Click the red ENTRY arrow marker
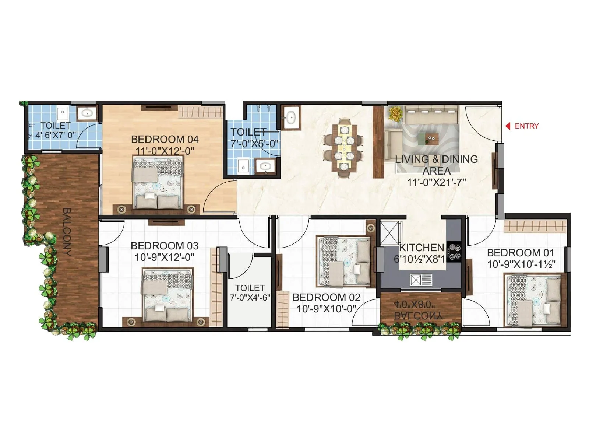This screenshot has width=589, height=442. pyautogui.click(x=508, y=126)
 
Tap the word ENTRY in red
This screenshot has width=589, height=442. pyautogui.click(x=526, y=126)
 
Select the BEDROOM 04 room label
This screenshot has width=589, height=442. pyautogui.click(x=165, y=140)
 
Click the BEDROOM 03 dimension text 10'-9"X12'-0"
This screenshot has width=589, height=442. pyautogui.click(x=165, y=257)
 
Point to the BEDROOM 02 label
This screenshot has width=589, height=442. pyautogui.click(x=326, y=297)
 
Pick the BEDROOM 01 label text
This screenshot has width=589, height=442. pyautogui.click(x=521, y=253)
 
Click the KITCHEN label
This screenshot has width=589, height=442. pyautogui.click(x=422, y=248)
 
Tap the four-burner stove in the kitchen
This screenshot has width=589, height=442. pyautogui.click(x=454, y=251)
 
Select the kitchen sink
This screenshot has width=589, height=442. pyautogui.click(x=421, y=280)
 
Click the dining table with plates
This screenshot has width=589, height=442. pyautogui.click(x=345, y=148)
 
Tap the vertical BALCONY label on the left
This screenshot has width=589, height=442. pyautogui.click(x=67, y=232)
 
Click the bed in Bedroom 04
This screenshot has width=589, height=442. pyautogui.click(x=158, y=182)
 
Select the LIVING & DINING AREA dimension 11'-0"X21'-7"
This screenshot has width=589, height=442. pyautogui.click(x=437, y=182)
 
